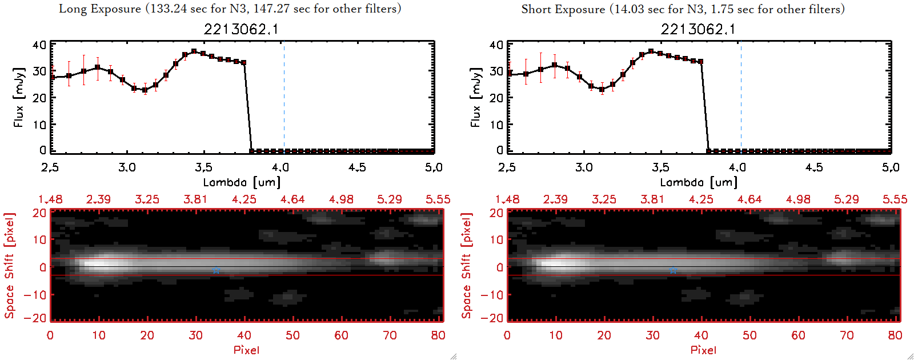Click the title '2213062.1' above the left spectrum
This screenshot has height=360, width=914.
(x=241, y=29)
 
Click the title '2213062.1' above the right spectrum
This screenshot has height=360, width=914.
(x=698, y=29)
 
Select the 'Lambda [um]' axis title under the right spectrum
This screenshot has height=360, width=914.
(x=699, y=182)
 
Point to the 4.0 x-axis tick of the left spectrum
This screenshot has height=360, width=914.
(x=280, y=167)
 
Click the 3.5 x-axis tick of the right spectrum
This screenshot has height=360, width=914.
(x=660, y=167)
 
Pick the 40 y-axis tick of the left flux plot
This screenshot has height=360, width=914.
(x=39, y=45)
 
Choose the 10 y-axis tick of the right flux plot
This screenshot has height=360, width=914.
(x=496, y=124)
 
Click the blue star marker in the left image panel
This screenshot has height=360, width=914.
(x=216, y=270)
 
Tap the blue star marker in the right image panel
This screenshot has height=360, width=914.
(x=673, y=270)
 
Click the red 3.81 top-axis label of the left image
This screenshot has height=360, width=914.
(x=195, y=199)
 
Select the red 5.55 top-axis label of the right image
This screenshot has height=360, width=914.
(x=895, y=199)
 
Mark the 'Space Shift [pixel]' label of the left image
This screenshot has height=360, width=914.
(x=10, y=265)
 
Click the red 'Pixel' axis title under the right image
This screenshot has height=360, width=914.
(x=703, y=350)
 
